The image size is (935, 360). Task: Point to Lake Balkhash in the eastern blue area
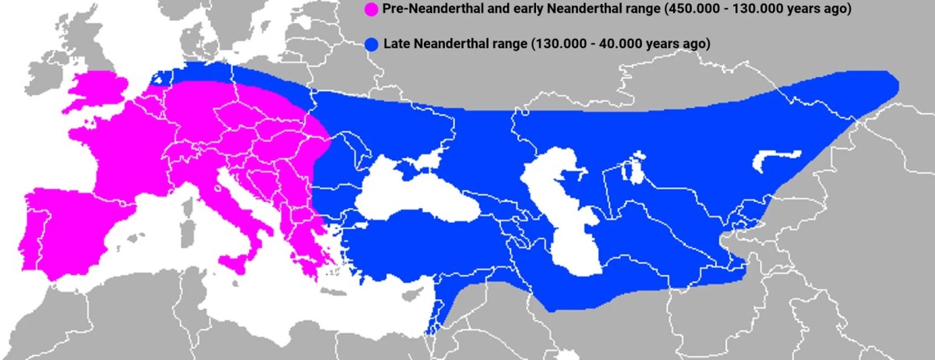tap(775, 160)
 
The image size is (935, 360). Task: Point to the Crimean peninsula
tap(410, 174)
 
